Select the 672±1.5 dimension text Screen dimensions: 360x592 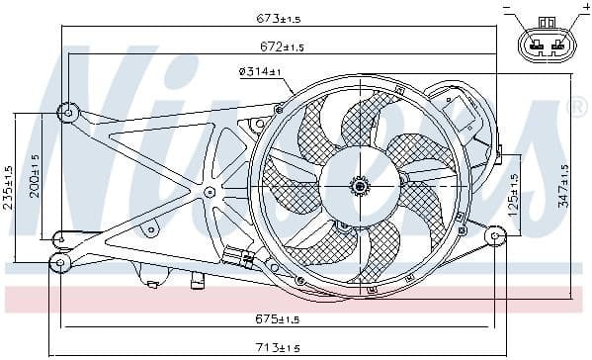click(x=283, y=45)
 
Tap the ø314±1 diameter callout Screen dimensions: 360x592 click(x=261, y=71)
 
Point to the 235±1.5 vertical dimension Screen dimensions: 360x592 click(x=10, y=189)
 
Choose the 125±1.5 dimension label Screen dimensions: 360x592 click(x=513, y=194)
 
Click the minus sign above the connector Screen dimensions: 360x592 click(x=508, y=9)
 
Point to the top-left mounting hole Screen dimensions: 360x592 click(x=67, y=112)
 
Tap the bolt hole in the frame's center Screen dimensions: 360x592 click(x=210, y=191)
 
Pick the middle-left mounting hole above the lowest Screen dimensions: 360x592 click(x=59, y=238)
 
